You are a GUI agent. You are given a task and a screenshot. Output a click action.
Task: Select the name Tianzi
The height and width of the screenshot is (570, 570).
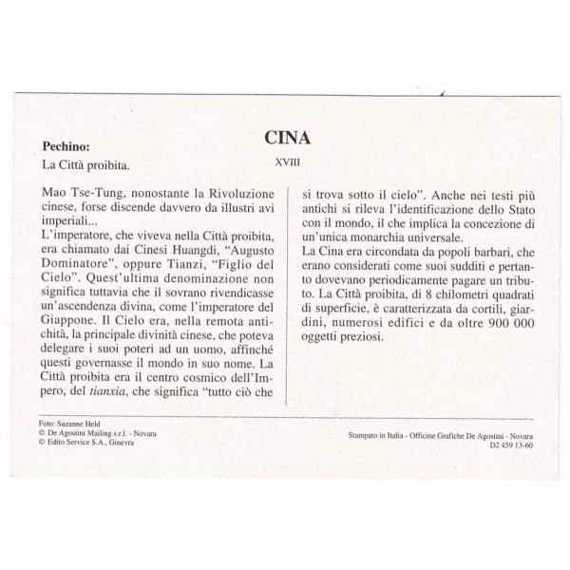pyautogui.click(x=185, y=256)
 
